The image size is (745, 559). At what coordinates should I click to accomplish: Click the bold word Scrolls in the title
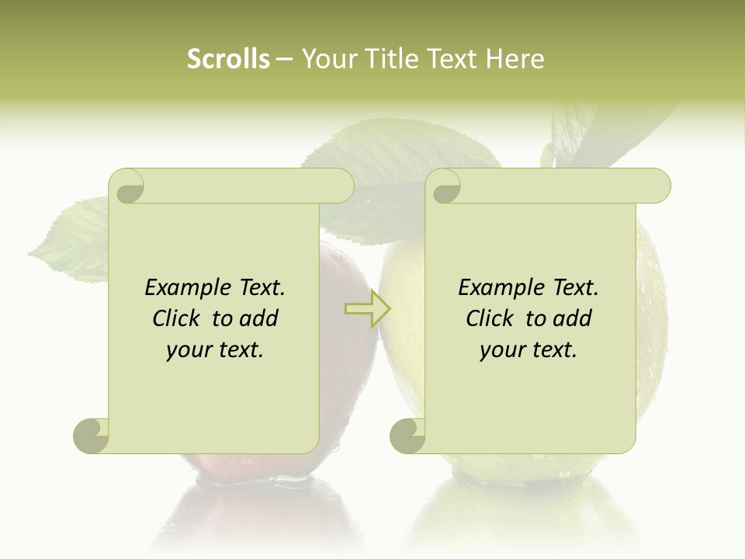229,59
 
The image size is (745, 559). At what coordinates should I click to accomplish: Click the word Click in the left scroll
179,318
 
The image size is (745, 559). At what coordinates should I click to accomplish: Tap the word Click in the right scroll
493,318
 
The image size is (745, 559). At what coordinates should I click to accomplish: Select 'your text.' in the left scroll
215,350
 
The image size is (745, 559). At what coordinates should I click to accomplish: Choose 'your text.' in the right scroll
528,350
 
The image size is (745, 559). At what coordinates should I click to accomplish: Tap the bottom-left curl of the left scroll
92,435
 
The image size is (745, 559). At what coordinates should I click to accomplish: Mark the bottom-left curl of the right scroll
408,435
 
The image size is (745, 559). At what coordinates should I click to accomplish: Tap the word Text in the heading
451,59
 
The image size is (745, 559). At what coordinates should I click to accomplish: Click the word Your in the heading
327,59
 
